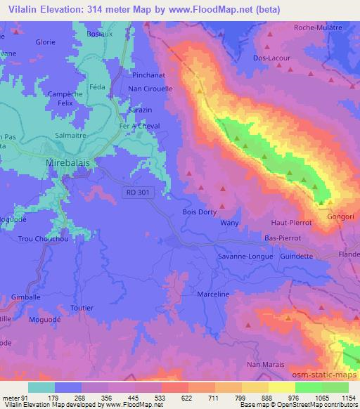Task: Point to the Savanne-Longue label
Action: click(x=245, y=257)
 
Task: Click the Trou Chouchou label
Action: click(x=44, y=240)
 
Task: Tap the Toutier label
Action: click(x=82, y=308)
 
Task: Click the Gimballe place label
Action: click(x=27, y=297)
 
